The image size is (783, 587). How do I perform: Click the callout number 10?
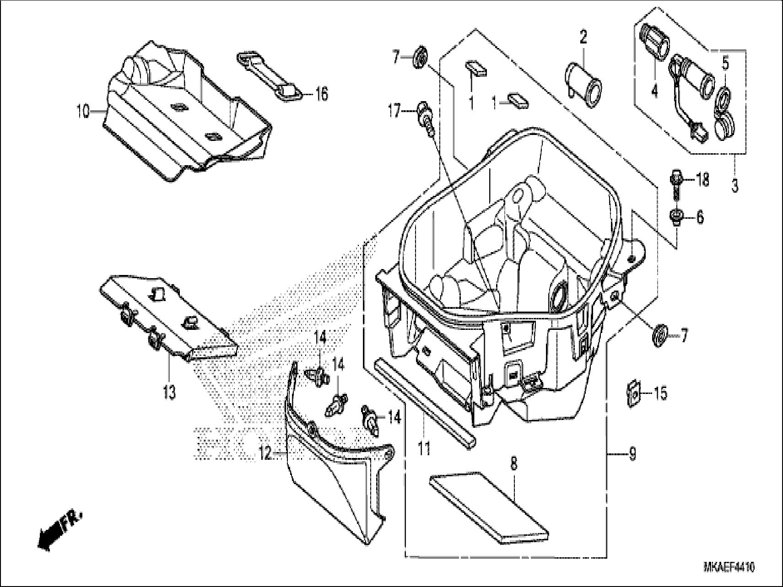(x=83, y=112)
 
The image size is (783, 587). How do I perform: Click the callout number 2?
(x=583, y=37)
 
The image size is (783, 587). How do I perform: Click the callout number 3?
(x=734, y=186)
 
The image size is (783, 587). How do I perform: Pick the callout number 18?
(x=702, y=179)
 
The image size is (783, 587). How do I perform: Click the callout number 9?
(x=632, y=454)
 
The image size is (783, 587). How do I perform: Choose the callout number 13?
(x=169, y=392)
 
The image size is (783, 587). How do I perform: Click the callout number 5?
(x=725, y=64)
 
